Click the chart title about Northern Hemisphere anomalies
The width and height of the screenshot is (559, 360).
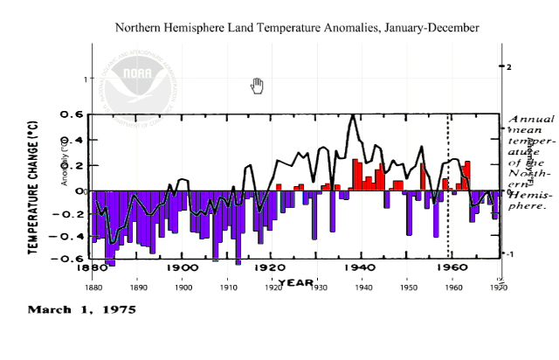coord(297,28)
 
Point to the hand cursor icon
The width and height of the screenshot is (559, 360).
coord(257,85)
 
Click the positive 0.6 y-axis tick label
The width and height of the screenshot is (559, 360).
coord(72,114)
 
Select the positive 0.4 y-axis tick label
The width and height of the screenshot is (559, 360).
coord(72,140)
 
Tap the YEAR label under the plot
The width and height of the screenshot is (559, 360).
coord(297,281)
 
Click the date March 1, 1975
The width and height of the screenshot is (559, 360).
coord(82,309)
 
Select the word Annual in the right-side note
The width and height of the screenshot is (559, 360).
coord(530,119)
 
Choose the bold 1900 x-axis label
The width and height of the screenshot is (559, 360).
coord(181,267)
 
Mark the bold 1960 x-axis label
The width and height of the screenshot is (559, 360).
coord(450,267)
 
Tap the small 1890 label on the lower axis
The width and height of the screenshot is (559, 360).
coord(138,285)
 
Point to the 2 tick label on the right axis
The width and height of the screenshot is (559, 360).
coord(507,66)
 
